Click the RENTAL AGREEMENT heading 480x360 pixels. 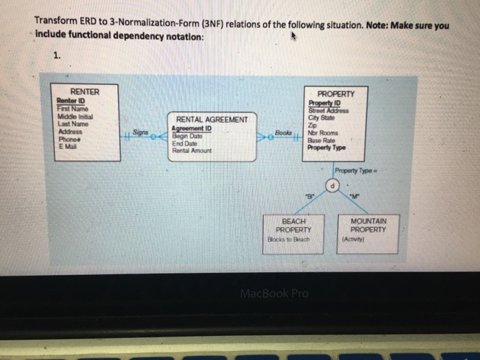[212, 119]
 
